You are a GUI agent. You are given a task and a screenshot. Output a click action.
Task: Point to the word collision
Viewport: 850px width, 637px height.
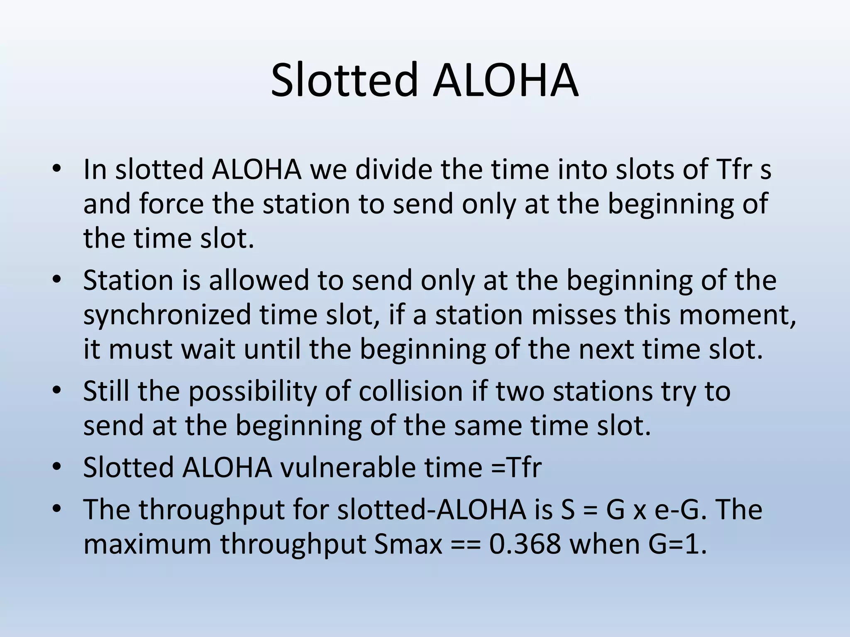[410, 391]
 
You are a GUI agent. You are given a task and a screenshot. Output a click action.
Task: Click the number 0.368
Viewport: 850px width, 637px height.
[525, 544]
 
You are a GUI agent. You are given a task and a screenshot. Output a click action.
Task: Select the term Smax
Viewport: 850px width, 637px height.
[408, 544]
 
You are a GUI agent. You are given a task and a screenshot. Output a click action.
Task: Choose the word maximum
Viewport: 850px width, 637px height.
[147, 544]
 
